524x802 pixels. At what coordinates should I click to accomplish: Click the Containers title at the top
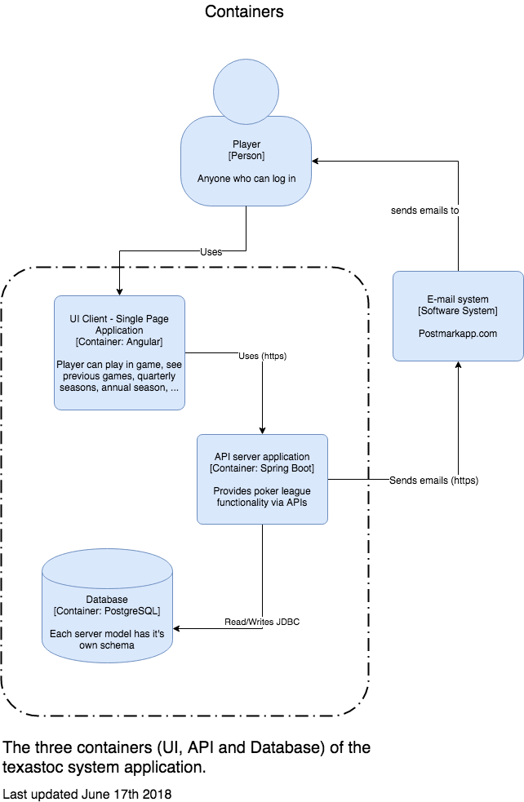[244, 11]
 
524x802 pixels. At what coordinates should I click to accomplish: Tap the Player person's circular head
[246, 91]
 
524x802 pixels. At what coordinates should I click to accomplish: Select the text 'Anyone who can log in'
[246, 179]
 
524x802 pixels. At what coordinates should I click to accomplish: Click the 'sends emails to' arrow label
[424, 210]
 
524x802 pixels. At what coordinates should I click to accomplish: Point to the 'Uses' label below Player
[211, 251]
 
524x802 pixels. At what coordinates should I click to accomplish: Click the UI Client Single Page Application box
[119, 352]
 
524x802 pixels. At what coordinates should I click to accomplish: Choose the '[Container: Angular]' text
[119, 342]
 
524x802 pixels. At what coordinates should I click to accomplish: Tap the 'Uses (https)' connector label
[263, 356]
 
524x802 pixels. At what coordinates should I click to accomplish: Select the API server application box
[262, 479]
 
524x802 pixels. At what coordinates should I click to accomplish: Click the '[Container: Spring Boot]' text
[262, 468]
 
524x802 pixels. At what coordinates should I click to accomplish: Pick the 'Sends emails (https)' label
[434, 481]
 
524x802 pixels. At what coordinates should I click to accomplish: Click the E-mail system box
[458, 316]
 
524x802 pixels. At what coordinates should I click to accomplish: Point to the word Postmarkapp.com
[458, 334]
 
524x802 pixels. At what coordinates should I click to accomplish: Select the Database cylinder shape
[107, 605]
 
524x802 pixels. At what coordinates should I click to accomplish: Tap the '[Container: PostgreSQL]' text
[107, 611]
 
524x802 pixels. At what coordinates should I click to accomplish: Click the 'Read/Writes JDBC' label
[262, 622]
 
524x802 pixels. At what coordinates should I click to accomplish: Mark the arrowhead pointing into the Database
[176, 628]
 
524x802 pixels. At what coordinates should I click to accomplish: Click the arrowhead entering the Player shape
[315, 161]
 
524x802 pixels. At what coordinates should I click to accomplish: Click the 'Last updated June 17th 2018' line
[87, 794]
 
